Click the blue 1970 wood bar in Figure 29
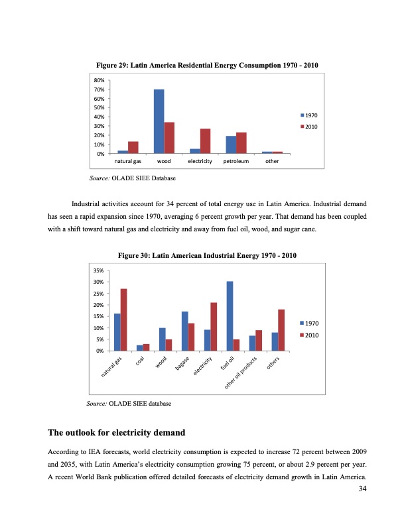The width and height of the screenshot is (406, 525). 159,121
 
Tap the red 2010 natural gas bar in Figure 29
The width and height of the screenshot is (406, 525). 133,147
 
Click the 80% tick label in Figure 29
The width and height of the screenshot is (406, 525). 100,80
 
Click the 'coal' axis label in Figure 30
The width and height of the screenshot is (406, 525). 141,362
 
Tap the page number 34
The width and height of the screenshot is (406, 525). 362,489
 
